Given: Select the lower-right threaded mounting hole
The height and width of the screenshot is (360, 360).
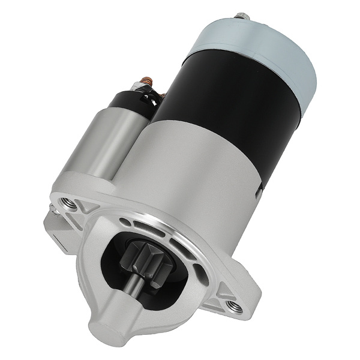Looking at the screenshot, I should (235, 307).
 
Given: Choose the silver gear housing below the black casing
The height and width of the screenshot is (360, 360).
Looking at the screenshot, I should (198, 180).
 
